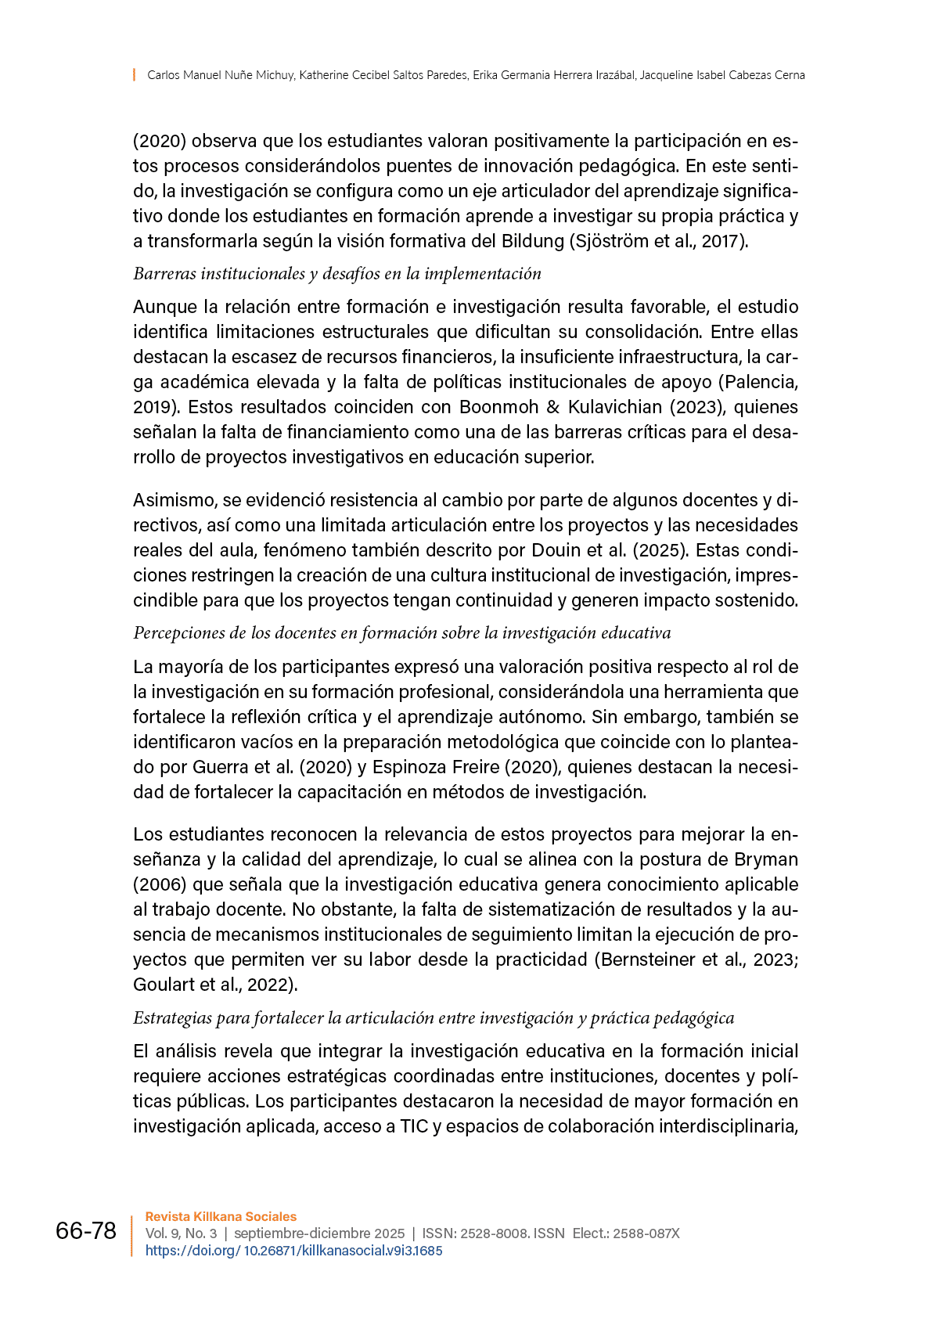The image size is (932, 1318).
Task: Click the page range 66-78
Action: pyautogui.click(x=85, y=1231)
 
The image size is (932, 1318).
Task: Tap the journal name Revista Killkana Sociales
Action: pyautogui.click(x=221, y=1216)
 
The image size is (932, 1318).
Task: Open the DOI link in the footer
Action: pyautogui.click(x=293, y=1251)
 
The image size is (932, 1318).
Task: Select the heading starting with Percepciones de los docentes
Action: pyautogui.click(x=401, y=633)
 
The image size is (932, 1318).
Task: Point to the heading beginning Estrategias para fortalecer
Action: pyautogui.click(x=433, y=1018)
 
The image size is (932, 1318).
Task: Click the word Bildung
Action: pyautogui.click(x=532, y=241)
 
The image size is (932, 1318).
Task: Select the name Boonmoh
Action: pyautogui.click(x=498, y=407)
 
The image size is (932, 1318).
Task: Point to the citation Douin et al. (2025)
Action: pyautogui.click(x=606, y=550)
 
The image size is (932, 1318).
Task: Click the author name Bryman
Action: pyautogui.click(x=766, y=859)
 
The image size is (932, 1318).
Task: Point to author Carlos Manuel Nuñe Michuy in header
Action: pyautogui.click(x=221, y=75)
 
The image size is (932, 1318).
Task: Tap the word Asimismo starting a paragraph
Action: pyautogui.click(x=174, y=500)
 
